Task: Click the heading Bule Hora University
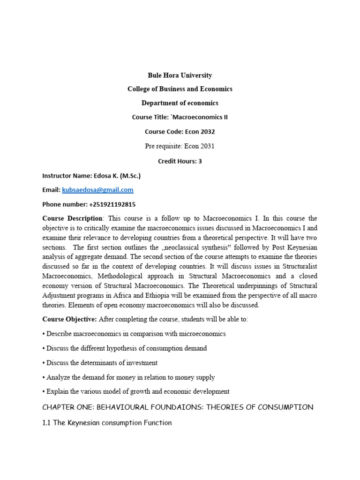click(x=180, y=75)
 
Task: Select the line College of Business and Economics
click(x=180, y=89)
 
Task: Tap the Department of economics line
click(x=180, y=103)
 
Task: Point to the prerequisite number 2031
click(x=206, y=146)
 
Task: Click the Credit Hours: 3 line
click(x=180, y=161)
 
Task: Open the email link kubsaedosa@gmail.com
click(x=97, y=190)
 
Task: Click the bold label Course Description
click(x=72, y=218)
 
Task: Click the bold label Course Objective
click(x=69, y=319)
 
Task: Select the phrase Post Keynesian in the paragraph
click(x=295, y=247)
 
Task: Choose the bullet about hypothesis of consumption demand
click(x=125, y=348)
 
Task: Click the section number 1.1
click(x=47, y=423)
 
